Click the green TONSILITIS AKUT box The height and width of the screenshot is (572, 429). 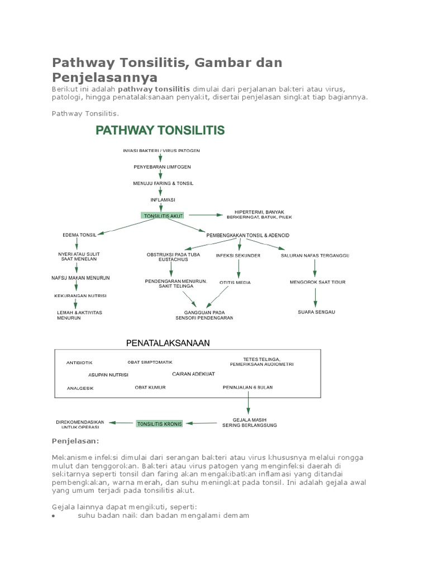click(163, 215)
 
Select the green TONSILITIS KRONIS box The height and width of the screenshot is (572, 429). click(160, 424)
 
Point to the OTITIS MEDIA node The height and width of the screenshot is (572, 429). click(235, 283)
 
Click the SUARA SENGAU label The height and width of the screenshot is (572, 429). click(316, 312)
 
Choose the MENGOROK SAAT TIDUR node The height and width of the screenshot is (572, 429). click(316, 282)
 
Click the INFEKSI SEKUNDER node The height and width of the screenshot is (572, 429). click(238, 256)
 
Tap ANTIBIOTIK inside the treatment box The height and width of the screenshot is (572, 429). click(79, 363)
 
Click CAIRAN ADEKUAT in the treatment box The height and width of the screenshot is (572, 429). click(193, 374)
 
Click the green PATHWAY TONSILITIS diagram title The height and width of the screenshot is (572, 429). click(160, 131)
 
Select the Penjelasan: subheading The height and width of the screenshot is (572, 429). click(75, 442)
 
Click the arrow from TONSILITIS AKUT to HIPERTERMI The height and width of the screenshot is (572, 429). click(203, 214)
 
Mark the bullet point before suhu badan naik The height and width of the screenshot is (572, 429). click(53, 517)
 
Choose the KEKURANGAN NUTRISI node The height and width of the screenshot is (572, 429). click(80, 296)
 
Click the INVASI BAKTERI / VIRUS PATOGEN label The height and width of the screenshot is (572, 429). click(161, 151)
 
